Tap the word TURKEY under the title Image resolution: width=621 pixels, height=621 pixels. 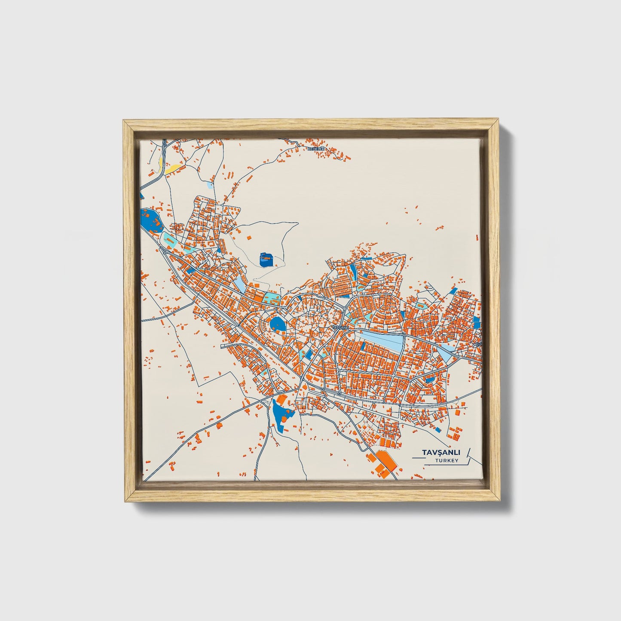coord(446,461)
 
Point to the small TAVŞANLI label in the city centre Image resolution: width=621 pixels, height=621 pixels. coord(342,327)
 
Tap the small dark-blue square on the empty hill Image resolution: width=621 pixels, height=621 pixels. coord(266,259)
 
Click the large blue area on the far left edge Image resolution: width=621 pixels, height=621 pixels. coord(150,219)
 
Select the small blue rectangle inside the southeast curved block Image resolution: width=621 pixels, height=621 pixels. coord(429,379)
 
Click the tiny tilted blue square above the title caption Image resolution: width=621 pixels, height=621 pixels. coord(438,429)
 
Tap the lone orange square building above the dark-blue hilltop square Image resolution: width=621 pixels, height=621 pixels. coord(249,237)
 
